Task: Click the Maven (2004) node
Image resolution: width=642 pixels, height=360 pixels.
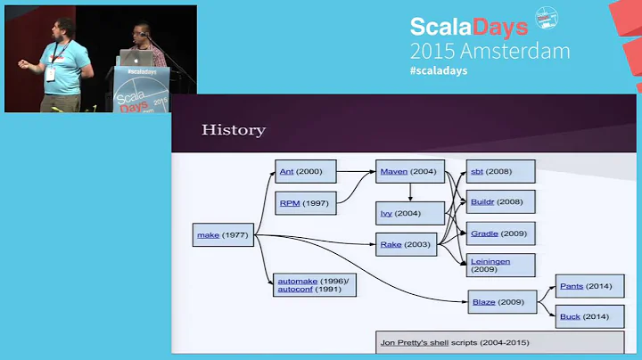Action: (x=409, y=171)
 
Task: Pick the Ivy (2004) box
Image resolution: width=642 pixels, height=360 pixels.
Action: (x=409, y=213)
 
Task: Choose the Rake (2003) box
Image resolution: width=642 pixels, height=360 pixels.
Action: (x=407, y=243)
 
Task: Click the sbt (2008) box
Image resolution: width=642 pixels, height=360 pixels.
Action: (x=500, y=171)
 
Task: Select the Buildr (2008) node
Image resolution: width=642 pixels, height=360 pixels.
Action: (x=500, y=201)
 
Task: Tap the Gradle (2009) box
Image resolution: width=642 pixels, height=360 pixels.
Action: (x=500, y=233)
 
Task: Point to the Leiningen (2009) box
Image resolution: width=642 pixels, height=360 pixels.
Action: (x=500, y=265)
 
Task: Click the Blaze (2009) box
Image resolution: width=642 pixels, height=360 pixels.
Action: (x=502, y=302)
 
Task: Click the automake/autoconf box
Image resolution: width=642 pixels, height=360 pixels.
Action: (x=315, y=284)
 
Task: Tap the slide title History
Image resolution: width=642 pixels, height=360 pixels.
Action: (x=234, y=130)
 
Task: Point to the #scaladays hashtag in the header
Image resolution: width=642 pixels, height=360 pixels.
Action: (x=439, y=70)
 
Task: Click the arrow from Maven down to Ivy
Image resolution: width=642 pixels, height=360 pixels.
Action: (x=409, y=192)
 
